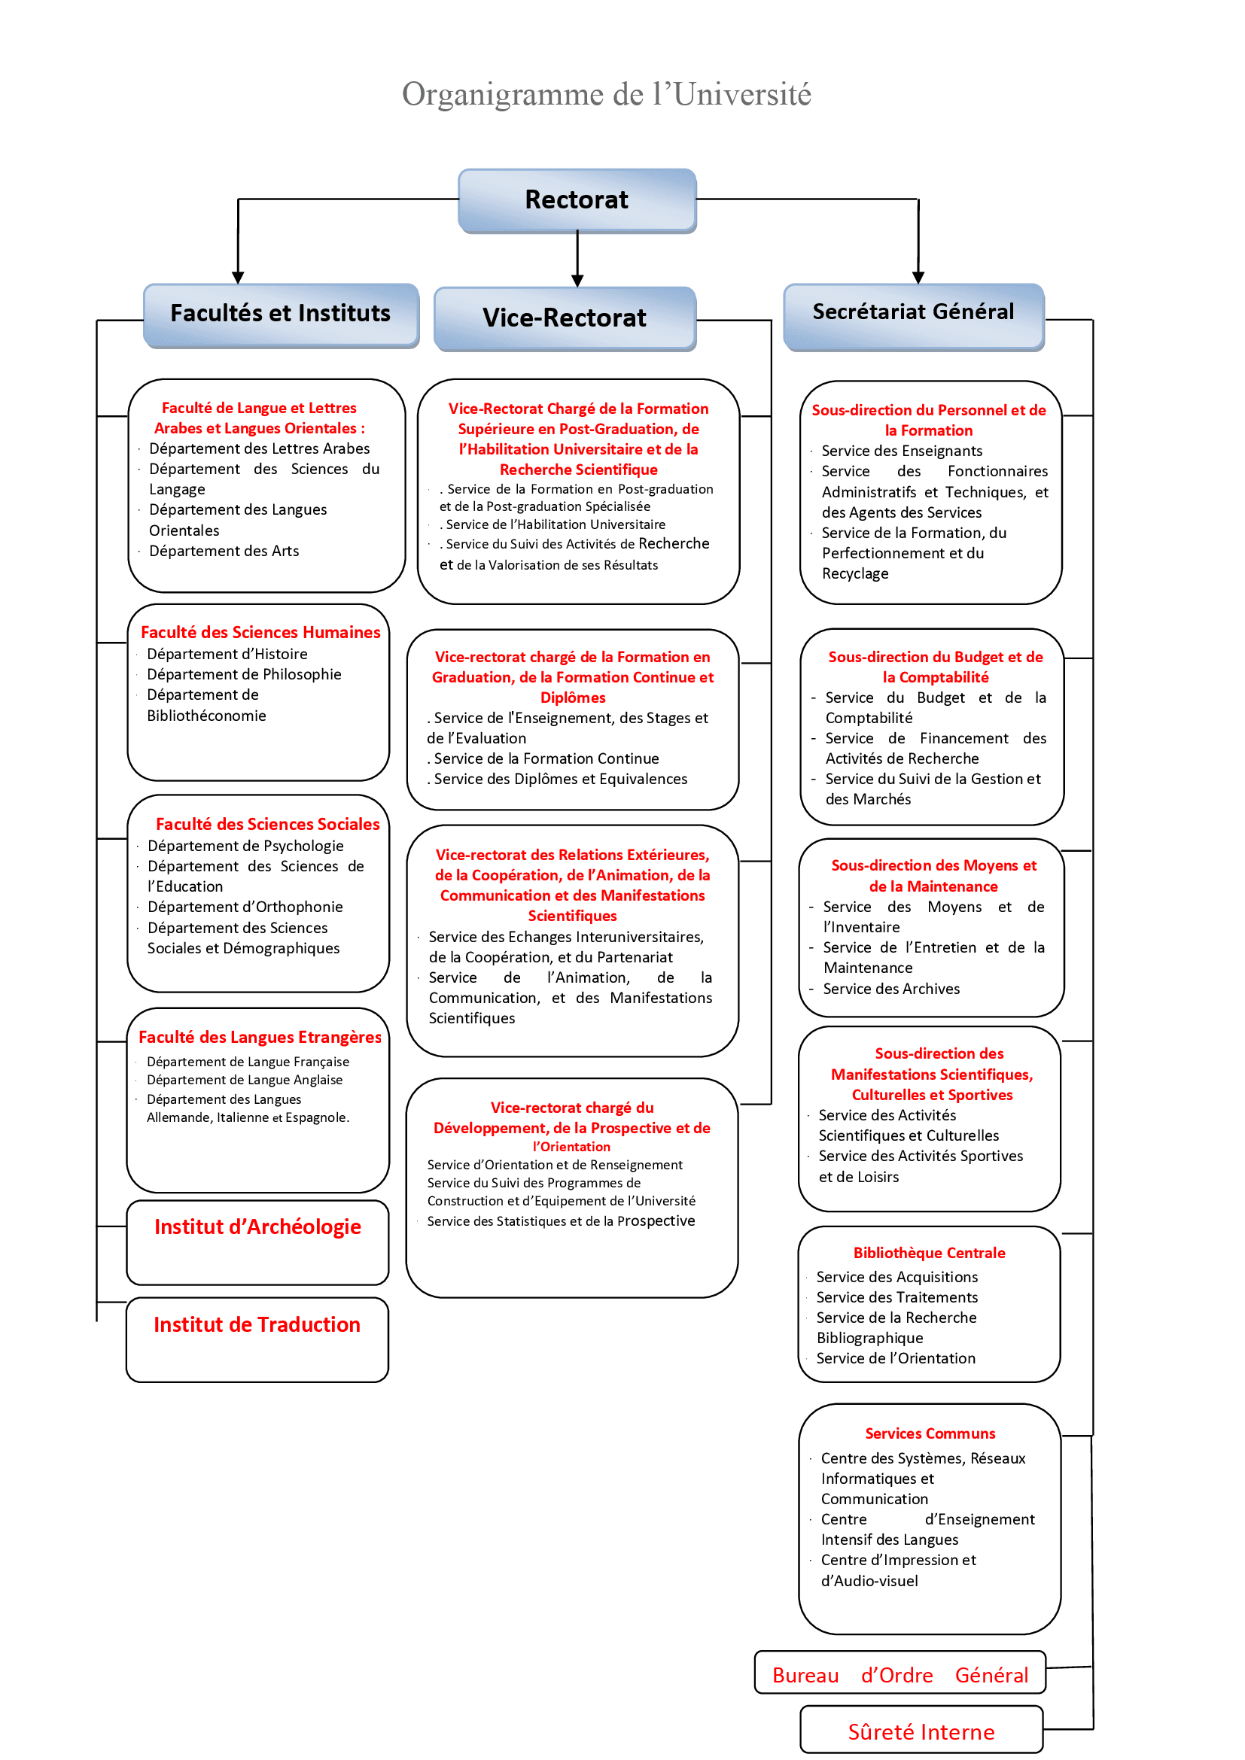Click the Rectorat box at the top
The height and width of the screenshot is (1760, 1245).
tap(577, 200)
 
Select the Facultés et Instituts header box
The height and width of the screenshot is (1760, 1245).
tap(281, 315)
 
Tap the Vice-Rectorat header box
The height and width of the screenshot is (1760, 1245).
tap(565, 318)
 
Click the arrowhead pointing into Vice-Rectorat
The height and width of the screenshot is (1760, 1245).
tap(577, 281)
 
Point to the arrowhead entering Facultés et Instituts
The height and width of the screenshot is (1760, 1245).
tap(238, 278)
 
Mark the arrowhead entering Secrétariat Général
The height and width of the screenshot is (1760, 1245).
tap(918, 278)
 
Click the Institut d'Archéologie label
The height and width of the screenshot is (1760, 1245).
tap(257, 1227)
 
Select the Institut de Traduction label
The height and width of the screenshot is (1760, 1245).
tap(257, 1325)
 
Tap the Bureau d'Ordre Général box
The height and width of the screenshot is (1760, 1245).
tap(900, 1676)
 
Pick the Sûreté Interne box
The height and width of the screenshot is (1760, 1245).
tap(921, 1731)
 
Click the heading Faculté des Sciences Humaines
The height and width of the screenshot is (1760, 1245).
tap(260, 632)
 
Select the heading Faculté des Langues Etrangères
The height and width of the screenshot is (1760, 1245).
tap(260, 1037)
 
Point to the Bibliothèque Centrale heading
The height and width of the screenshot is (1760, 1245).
tap(929, 1254)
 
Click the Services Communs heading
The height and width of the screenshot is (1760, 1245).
tap(930, 1433)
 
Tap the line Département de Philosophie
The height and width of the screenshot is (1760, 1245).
tap(244, 674)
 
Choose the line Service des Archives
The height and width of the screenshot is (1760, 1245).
tap(890, 989)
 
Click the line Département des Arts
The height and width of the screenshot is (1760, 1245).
tap(224, 551)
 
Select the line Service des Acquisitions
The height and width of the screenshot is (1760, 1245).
tap(897, 1277)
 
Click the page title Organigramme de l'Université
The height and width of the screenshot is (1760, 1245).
tap(607, 95)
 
